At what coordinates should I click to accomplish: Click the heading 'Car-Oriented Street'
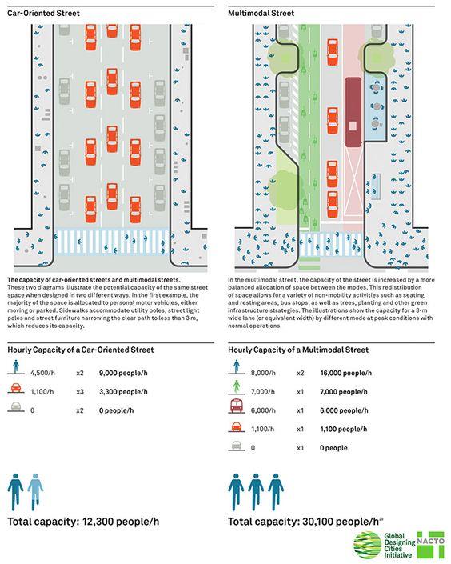point(43,14)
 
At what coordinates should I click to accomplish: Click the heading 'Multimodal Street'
point(261,14)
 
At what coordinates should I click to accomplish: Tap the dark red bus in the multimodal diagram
point(353,112)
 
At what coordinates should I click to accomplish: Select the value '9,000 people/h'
point(123,373)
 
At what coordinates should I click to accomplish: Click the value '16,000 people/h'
point(346,373)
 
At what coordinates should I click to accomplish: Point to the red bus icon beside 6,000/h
point(236,406)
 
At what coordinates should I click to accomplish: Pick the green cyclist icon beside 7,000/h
point(236,387)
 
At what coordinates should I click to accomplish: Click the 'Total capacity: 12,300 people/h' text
point(83,522)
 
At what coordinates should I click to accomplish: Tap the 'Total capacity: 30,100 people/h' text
point(304,522)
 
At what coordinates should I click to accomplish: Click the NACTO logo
point(430,545)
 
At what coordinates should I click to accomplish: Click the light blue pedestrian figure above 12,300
point(35,492)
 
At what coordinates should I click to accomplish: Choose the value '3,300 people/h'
point(123,392)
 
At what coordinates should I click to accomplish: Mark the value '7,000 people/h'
point(344,392)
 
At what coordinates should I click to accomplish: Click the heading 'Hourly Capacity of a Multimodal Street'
point(298,350)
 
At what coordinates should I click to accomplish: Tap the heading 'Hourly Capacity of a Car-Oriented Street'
point(81,350)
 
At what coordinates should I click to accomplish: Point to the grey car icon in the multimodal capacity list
point(236,446)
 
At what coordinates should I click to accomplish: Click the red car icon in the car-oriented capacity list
point(16,388)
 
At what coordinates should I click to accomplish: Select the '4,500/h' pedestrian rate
point(43,373)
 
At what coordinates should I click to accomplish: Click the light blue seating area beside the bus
point(376,107)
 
